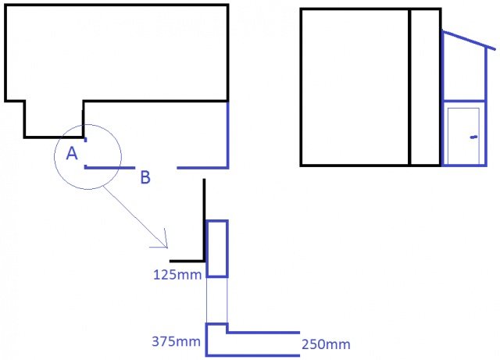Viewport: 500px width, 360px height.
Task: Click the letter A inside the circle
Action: (72, 153)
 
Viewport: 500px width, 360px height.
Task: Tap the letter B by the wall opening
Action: (145, 177)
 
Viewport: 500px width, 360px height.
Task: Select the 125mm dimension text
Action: (177, 275)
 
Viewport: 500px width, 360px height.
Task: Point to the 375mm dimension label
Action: (176, 341)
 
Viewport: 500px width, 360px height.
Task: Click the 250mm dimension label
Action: (326, 344)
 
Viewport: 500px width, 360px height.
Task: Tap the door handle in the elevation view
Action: (474, 137)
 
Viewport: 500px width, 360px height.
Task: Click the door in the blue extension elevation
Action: (463, 136)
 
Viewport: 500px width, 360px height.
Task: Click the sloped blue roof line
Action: (469, 40)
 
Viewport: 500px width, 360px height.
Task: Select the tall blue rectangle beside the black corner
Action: (217, 248)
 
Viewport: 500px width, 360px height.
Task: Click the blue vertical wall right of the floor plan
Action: (227, 134)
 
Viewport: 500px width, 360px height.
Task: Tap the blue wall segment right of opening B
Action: (202, 167)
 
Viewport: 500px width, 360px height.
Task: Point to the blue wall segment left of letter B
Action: (109, 167)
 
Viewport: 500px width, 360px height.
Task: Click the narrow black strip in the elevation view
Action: (425, 87)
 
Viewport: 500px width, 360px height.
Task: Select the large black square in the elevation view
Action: (355, 87)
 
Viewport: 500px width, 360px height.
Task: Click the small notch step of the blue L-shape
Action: (227, 329)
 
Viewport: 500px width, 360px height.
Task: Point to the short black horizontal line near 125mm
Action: (187, 261)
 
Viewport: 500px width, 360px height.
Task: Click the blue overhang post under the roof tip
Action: (486, 74)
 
